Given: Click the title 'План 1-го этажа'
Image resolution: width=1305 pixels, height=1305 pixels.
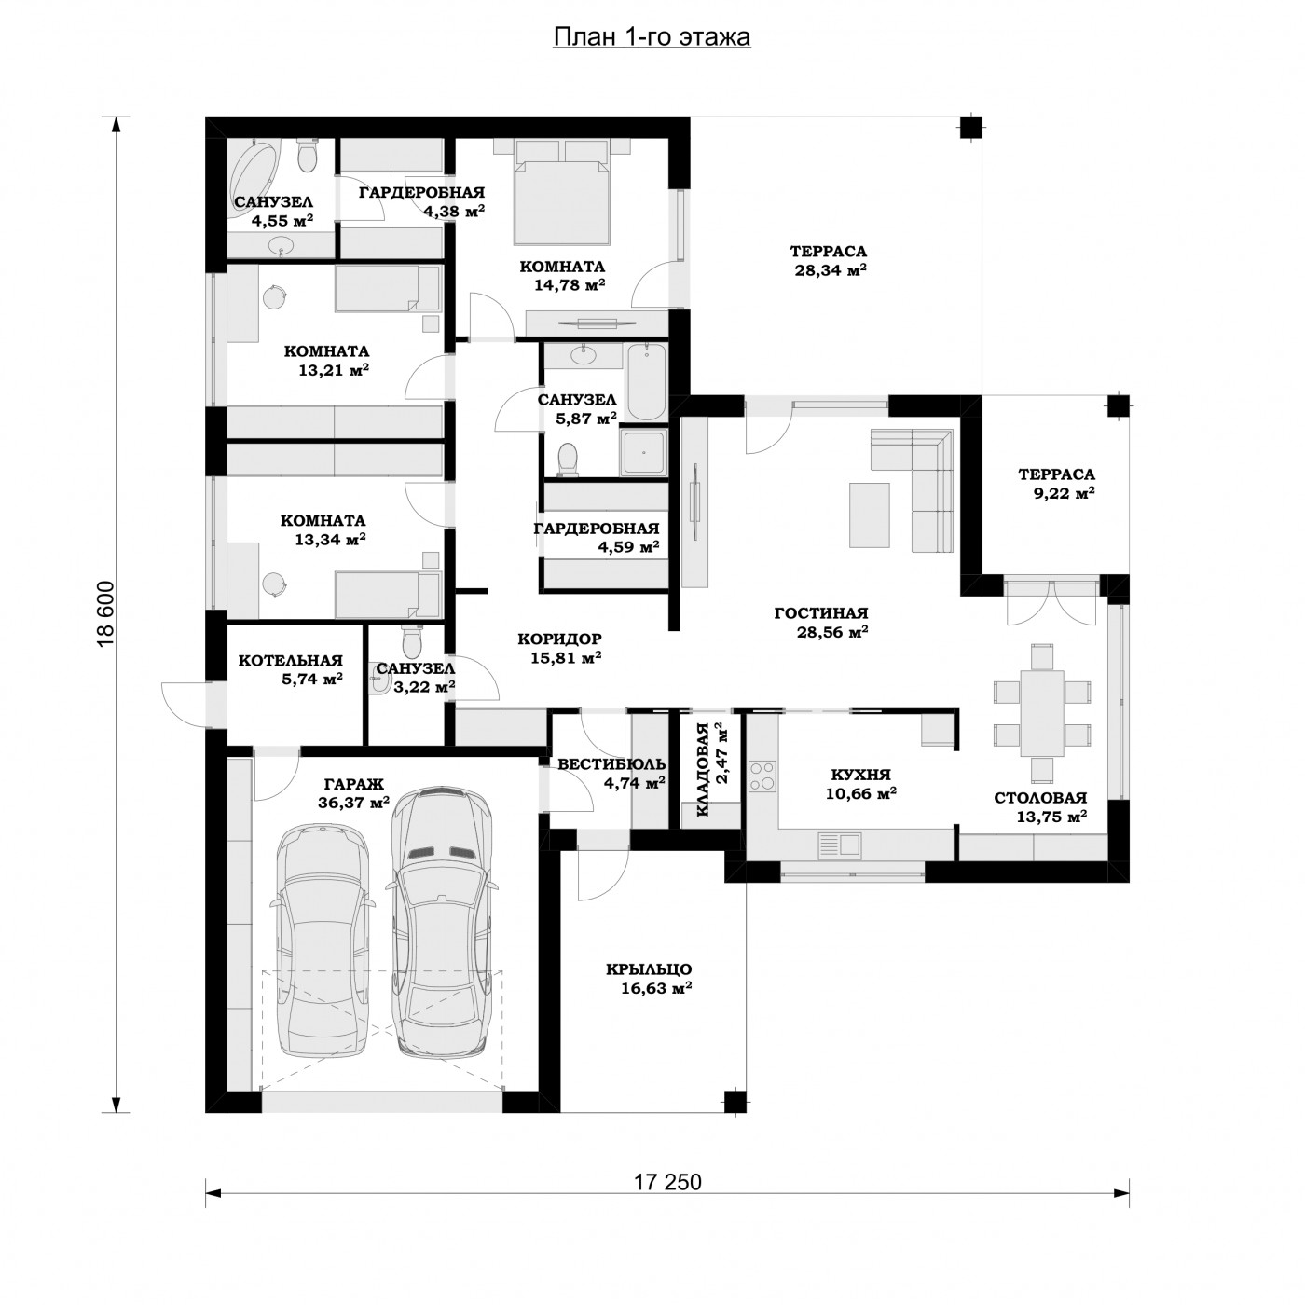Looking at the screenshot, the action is tap(652, 37).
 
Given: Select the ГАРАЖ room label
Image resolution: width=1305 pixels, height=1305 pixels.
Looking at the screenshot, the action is tap(353, 784).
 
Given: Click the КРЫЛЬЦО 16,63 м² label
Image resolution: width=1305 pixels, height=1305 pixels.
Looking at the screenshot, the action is tap(650, 979).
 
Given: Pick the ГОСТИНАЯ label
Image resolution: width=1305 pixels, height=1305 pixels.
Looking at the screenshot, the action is tap(821, 613).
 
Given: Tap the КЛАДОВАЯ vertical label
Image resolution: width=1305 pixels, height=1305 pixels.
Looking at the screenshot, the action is tap(702, 770).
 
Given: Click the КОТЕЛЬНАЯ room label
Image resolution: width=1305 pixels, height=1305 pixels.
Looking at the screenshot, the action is tap(291, 660).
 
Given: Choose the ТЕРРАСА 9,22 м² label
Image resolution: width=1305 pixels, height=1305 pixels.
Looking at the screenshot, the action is tap(1056, 484).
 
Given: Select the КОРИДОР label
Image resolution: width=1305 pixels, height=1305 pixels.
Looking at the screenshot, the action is tap(559, 639).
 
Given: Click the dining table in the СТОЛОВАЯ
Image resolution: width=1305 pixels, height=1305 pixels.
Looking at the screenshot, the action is tap(1041, 712).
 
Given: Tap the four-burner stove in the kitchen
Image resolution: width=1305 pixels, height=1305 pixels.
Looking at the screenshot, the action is tap(762, 776).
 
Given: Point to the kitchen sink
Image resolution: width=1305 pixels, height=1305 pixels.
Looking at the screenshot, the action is tap(839, 845).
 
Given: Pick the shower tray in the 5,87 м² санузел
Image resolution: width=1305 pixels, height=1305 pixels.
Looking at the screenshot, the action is tap(642, 452).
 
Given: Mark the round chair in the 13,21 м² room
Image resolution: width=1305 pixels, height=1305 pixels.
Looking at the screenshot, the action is tap(275, 296).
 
